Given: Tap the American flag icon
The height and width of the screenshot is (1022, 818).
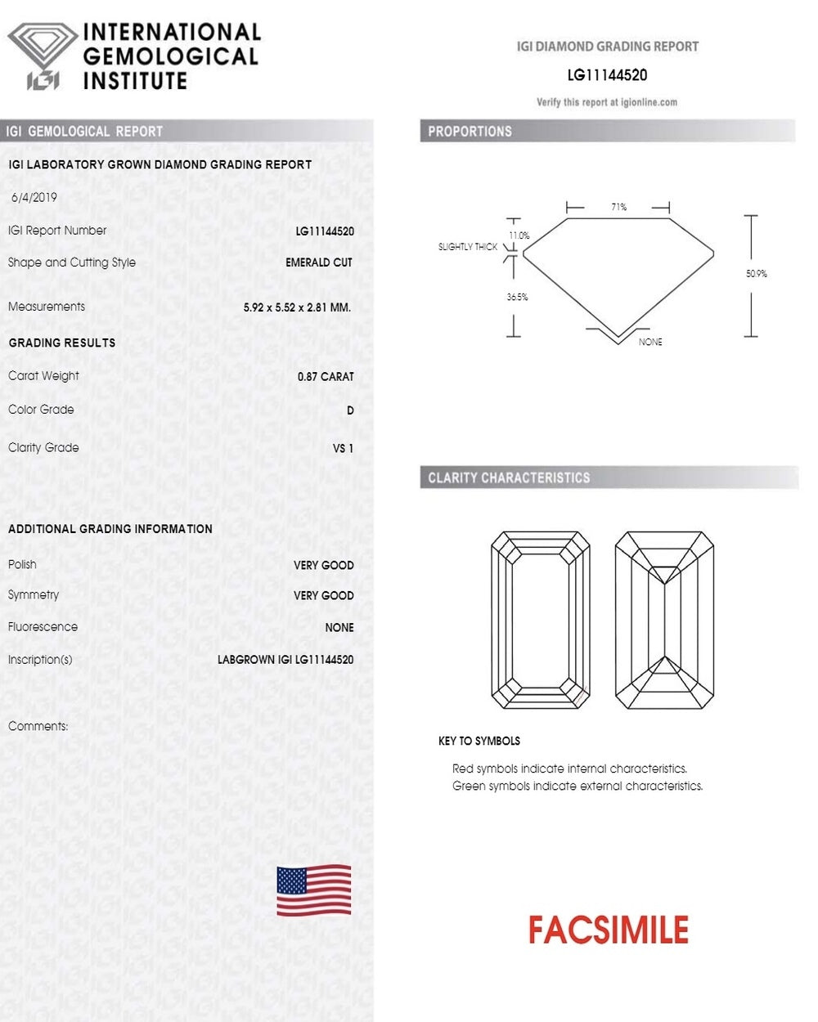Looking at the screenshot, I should point(314,890).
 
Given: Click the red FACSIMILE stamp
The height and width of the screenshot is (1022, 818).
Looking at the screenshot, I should point(608,930).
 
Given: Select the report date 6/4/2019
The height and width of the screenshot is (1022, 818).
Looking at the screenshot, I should point(34,197).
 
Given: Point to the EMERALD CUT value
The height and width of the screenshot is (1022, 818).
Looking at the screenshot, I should point(319,262).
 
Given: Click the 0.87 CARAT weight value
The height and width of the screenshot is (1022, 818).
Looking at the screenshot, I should point(326,377).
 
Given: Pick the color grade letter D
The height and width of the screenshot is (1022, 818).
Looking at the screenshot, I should point(350,410).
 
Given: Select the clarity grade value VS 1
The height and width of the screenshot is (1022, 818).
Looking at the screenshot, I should point(343,448).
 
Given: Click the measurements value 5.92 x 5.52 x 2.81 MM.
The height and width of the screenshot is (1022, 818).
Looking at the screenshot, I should point(297,307).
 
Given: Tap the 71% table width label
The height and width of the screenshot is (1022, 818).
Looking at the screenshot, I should point(618,208).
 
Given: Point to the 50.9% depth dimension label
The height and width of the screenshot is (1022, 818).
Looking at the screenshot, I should point(757,274).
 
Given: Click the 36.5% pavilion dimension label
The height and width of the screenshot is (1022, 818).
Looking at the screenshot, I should point(517,297).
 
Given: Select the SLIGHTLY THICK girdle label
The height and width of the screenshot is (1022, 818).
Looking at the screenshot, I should point(468,247).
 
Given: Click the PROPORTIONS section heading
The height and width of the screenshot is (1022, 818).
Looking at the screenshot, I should point(470,131).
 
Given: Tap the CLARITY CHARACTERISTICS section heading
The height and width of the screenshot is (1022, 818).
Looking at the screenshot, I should point(509,477).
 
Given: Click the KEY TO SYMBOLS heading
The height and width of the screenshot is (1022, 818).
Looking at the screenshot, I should point(479,741).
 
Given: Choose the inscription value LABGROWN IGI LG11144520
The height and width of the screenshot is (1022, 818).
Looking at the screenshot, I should point(285,660).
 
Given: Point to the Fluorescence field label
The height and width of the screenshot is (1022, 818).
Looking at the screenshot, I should point(43,627).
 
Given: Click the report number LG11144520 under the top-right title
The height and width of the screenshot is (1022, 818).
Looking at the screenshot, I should point(607,75).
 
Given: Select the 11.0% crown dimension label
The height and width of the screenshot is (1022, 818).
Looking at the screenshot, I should point(519,235).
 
